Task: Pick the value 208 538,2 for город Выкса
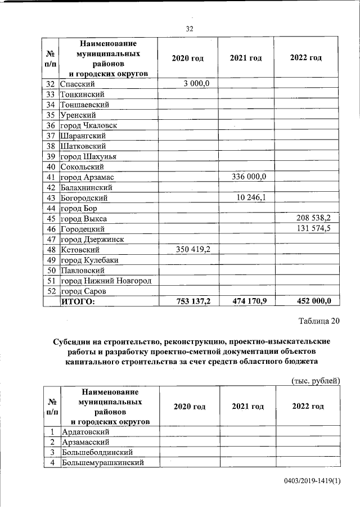313,218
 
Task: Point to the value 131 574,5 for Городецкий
313,229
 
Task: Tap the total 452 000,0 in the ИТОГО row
313,301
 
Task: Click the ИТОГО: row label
78,301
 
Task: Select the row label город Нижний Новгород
106,281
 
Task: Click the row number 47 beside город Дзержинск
51,239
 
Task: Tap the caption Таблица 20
319,321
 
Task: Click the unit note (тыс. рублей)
316,381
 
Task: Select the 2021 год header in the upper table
246,58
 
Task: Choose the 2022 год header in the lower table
308,407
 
